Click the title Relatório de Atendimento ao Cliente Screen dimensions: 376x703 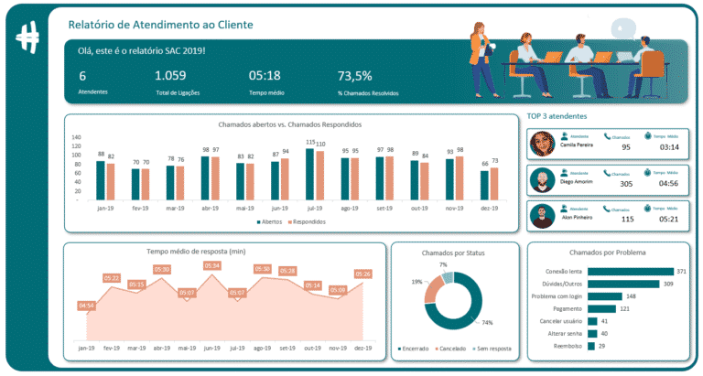163,24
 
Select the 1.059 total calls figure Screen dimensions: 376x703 171,76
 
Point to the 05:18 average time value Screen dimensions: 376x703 264,76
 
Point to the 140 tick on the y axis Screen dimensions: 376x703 76,137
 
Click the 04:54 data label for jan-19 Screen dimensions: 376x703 87,305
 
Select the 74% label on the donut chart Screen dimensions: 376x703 487,323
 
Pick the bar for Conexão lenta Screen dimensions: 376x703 631,271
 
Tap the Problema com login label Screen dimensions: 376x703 558,295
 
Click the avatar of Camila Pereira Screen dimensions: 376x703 543,145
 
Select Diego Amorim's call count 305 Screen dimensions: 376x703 625,183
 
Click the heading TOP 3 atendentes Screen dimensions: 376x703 557,116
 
